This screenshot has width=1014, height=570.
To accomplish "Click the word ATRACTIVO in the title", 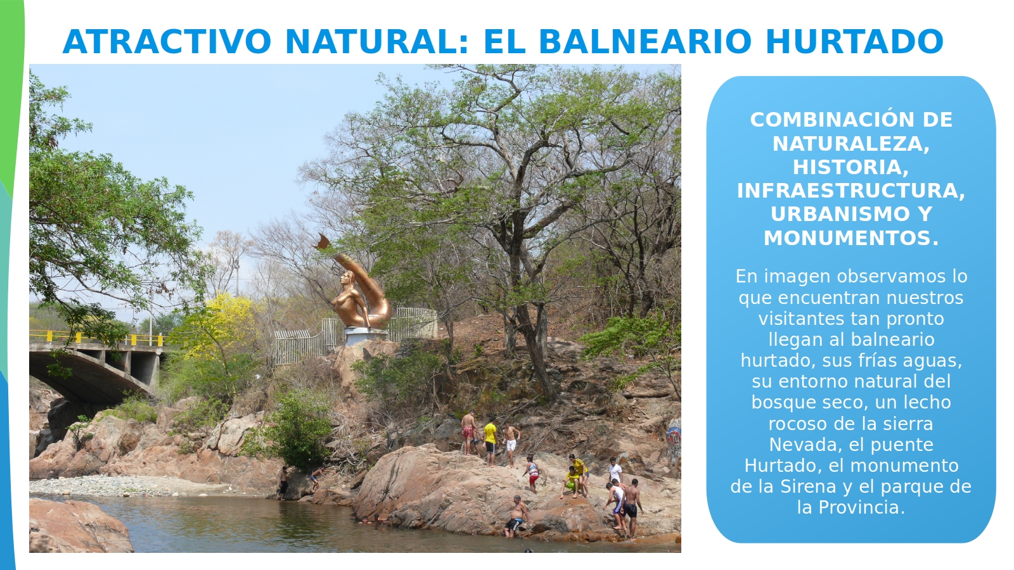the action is tap(167, 42).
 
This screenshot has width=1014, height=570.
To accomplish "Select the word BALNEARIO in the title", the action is tap(646, 42).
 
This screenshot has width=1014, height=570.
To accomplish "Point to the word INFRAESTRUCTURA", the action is tap(851, 191).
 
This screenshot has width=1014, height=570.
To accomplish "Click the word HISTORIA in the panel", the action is tap(850, 167).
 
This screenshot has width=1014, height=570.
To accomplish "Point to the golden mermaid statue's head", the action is tap(347, 279).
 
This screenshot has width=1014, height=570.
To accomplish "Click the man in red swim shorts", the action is tap(468, 431).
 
